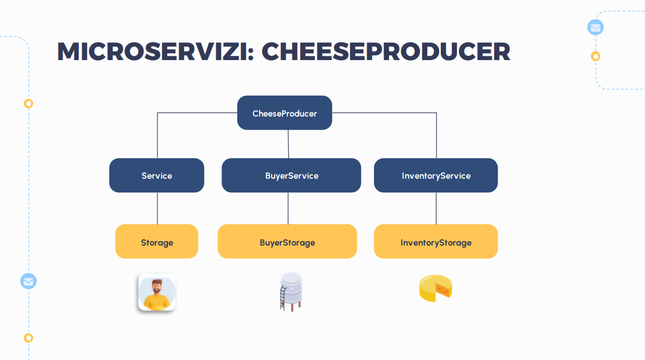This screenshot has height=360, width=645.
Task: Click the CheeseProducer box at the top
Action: [x=285, y=113]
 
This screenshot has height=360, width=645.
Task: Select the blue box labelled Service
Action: [x=157, y=176]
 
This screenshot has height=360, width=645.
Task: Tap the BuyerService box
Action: [x=291, y=176]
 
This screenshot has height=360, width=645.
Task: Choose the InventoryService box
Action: [x=436, y=176]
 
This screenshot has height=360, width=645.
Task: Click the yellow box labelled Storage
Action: [x=157, y=242]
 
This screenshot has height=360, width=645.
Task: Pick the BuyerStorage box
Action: [x=287, y=242]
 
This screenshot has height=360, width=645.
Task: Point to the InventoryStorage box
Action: [x=436, y=242]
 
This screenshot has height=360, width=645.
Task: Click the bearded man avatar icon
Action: [x=157, y=292]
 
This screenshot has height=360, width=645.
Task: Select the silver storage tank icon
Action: [x=291, y=291]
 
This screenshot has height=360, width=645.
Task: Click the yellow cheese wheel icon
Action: [x=435, y=288]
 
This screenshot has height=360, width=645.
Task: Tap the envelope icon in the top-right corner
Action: [x=595, y=27]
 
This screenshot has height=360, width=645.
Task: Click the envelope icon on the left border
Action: [x=28, y=281]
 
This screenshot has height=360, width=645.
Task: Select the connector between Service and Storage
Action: [x=157, y=208]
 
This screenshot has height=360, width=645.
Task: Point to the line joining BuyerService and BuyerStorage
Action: [x=288, y=208]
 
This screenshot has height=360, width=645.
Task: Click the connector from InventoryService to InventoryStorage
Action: [x=436, y=208]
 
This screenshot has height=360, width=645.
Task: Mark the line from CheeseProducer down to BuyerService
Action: [x=288, y=144]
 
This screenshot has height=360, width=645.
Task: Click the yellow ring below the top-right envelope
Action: [x=595, y=56]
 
